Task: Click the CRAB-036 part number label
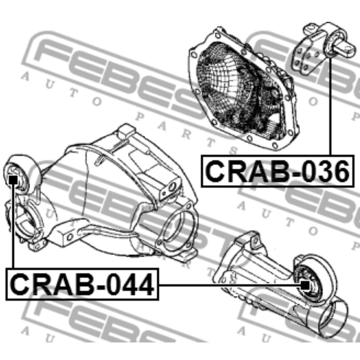click(277, 171)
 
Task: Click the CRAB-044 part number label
click(82, 284)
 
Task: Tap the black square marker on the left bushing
click(13, 180)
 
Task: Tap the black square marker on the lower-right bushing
click(305, 285)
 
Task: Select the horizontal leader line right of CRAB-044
click(229, 285)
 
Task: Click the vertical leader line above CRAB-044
click(13, 226)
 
